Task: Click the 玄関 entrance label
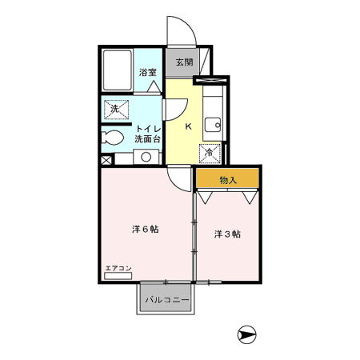[x=184, y=62]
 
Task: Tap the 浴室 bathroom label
[x=148, y=72]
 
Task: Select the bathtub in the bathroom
[x=118, y=70]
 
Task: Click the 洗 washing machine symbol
[x=116, y=110]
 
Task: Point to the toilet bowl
[x=112, y=138]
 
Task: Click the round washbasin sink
[x=146, y=157]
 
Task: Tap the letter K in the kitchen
[x=189, y=126]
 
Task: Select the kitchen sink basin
[x=213, y=125]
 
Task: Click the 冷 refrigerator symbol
[x=210, y=154]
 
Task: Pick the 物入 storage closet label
[x=228, y=181]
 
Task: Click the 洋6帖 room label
[x=146, y=229]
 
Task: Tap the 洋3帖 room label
[x=227, y=234]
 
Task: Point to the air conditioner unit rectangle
[x=118, y=276]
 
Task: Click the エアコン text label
[x=118, y=268]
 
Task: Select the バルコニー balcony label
[x=167, y=300]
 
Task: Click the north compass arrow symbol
[x=246, y=334]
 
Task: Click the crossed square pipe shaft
[x=106, y=161]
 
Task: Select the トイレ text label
[x=149, y=129]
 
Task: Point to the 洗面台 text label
[x=147, y=139]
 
